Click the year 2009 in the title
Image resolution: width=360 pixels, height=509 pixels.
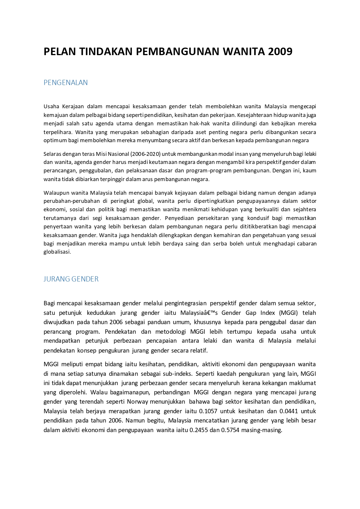tap(280, 51)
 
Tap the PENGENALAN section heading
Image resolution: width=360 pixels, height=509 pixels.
tap(66, 83)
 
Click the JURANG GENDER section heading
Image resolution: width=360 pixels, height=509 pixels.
tap(71, 279)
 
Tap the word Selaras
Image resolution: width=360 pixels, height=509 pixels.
tap(52, 154)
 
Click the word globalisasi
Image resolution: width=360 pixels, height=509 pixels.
tap(57, 252)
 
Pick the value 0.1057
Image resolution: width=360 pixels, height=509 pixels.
tap(208, 411)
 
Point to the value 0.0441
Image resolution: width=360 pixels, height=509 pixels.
tap(289, 411)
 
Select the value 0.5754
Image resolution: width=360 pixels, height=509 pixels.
tap(230, 430)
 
